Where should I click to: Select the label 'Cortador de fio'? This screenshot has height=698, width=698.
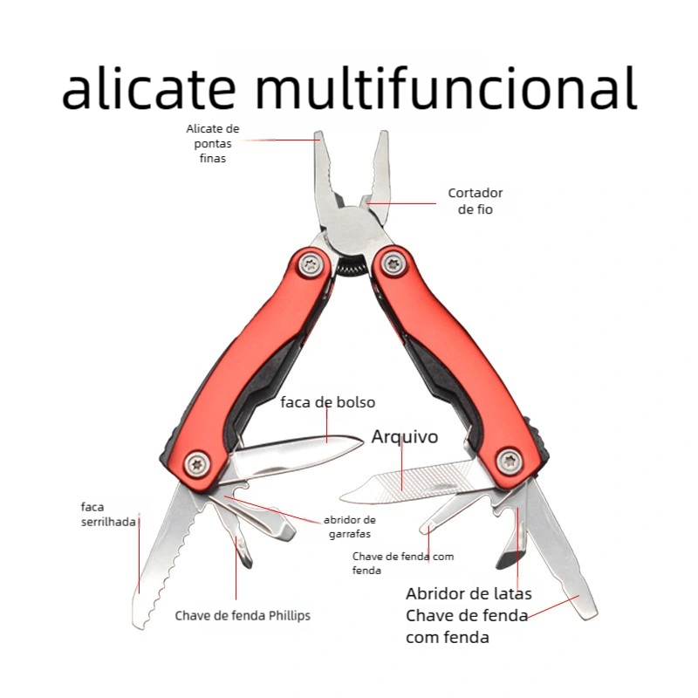[476, 202]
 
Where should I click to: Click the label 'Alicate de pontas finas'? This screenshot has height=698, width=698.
[212, 143]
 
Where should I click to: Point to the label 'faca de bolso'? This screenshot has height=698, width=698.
[327, 402]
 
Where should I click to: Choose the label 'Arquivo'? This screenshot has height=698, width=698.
[405, 436]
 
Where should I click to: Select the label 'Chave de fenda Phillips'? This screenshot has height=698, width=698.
[243, 615]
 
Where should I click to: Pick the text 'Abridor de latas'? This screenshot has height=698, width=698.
[469, 594]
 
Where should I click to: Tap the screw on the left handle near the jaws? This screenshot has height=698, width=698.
[308, 261]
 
